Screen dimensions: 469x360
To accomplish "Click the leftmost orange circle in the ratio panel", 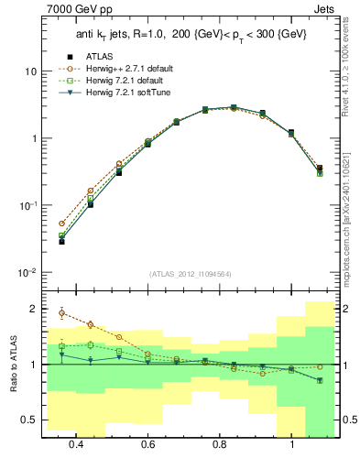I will tap(62, 313).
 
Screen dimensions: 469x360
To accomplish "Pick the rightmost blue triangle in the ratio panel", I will tap(320, 380).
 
